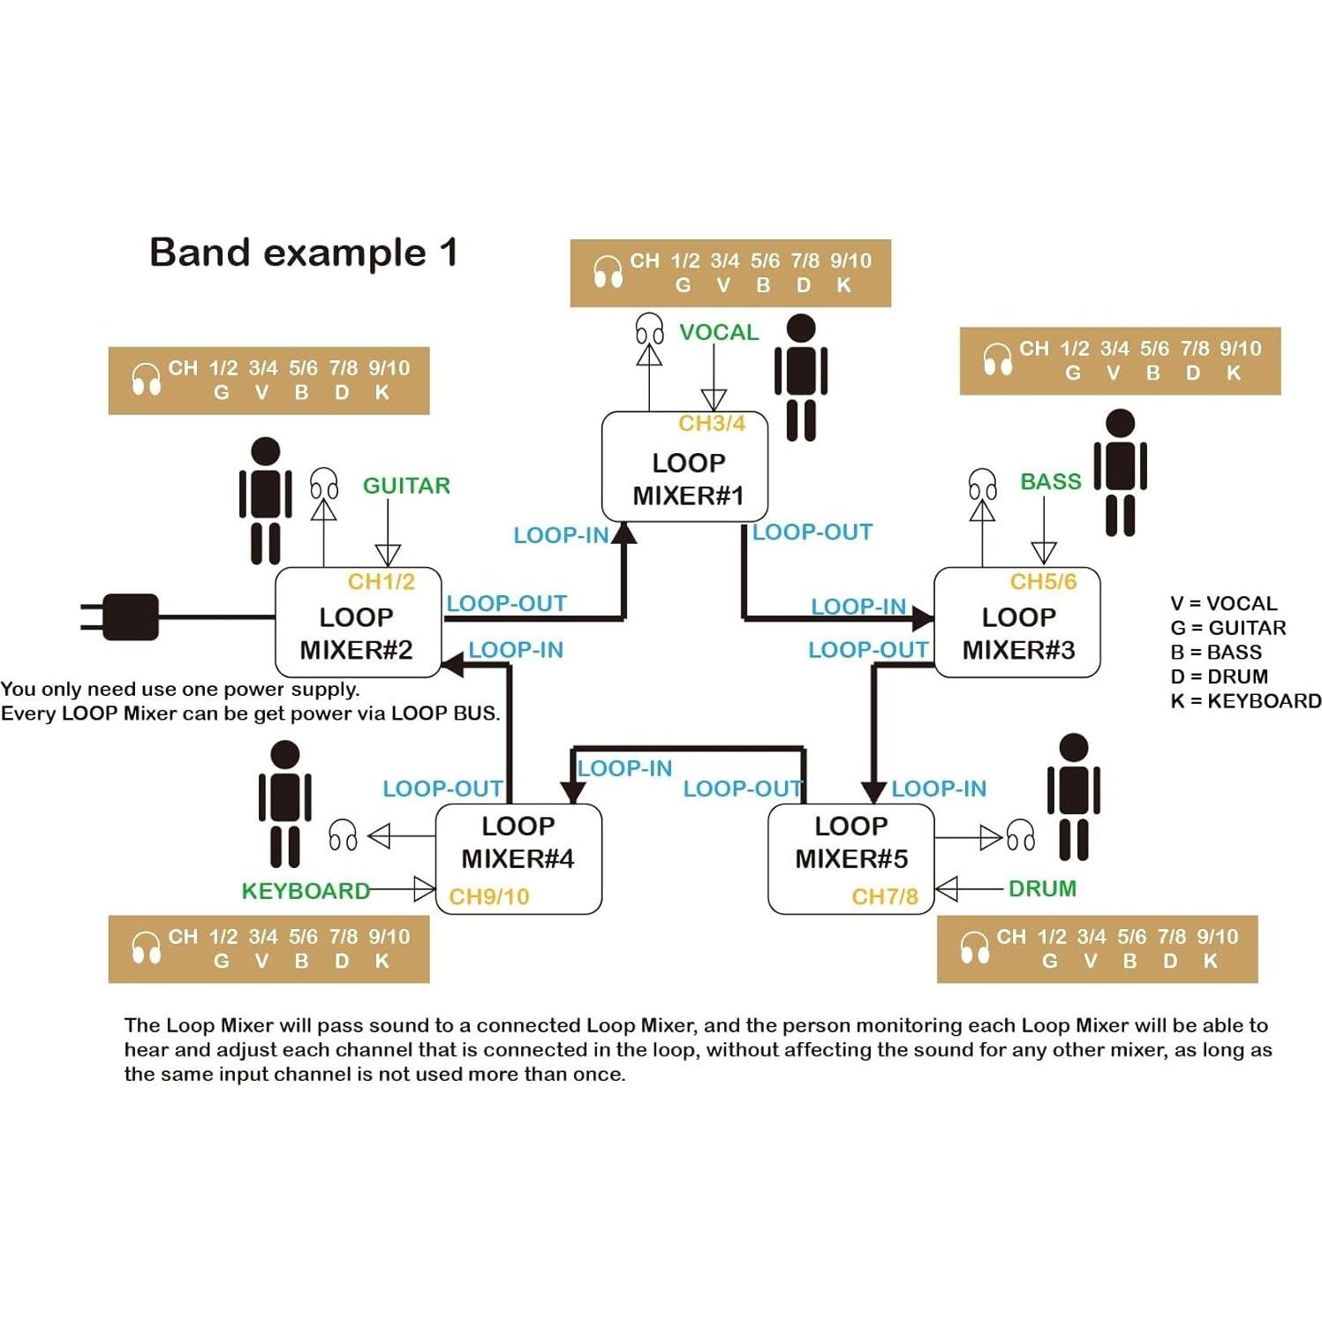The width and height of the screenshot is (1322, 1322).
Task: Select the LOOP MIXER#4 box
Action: tap(518, 857)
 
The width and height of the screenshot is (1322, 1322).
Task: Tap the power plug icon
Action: tap(124, 616)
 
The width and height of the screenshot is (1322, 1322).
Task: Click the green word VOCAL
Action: tap(719, 332)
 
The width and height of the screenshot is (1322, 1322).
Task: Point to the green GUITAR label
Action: tap(406, 486)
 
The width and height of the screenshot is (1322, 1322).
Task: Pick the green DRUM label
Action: tap(1042, 888)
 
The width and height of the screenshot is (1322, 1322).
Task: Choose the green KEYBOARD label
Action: tap(306, 891)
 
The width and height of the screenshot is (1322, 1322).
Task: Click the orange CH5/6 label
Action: tap(1043, 582)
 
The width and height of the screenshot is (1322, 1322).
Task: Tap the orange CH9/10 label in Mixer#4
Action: tap(489, 897)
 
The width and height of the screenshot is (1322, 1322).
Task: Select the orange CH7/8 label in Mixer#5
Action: tap(884, 897)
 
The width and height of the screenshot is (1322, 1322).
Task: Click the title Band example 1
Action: tap(303, 253)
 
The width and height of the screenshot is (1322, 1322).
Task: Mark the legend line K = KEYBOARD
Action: tap(1245, 701)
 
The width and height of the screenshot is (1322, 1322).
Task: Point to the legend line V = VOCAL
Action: tap(1223, 604)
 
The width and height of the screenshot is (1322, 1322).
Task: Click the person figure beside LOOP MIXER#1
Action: tap(800, 377)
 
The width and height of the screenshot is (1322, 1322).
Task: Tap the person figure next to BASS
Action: tap(1120, 472)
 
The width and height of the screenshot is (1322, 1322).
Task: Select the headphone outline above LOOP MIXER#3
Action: tap(982, 484)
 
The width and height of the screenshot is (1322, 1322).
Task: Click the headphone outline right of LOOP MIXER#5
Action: tap(1021, 835)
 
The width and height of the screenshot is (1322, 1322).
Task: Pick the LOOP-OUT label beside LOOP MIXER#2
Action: tap(506, 604)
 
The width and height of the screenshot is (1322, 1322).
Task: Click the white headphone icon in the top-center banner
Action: tap(608, 272)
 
